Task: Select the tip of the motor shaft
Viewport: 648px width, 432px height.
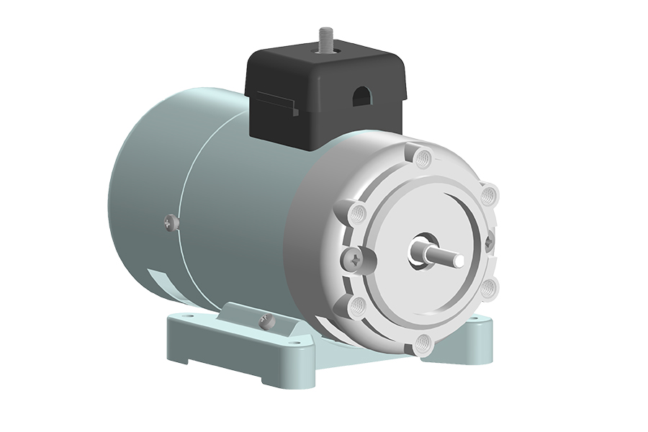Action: pos(456,256)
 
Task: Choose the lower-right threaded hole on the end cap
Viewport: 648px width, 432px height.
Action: pos(489,287)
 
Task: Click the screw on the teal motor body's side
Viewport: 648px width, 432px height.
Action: pos(170,222)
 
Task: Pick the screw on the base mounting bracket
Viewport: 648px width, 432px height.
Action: pos(265,320)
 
